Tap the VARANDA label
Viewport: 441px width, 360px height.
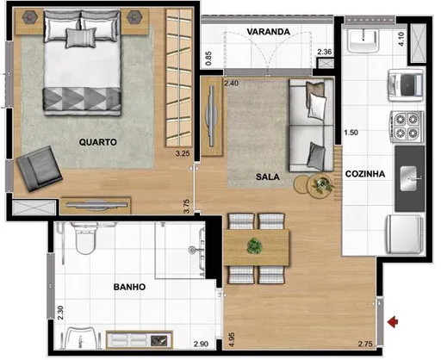tap(267, 32)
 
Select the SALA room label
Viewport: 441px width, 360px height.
tap(268, 177)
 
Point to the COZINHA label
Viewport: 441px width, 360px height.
tap(364, 174)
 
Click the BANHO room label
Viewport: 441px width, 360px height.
tap(127, 287)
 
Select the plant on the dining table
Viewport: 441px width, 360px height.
tap(254, 245)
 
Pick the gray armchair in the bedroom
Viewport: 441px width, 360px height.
tap(36, 168)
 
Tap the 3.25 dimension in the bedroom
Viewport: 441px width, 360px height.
tap(181, 153)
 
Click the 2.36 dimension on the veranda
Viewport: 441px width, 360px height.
tap(324, 53)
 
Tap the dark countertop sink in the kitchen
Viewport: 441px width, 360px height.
tap(409, 178)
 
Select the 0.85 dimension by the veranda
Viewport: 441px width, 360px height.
tap(209, 59)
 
